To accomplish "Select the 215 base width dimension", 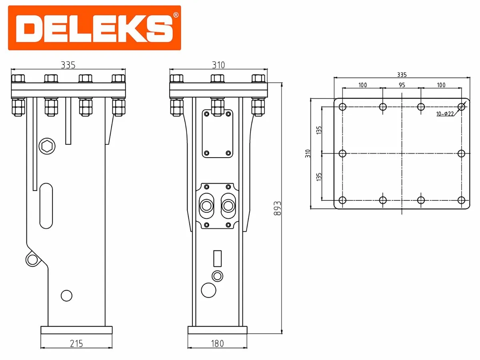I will coord(76,344).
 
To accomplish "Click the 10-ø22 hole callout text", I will coord(444,114).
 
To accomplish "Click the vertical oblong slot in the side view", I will coord(46,206).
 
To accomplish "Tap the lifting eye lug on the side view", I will coord(32,259).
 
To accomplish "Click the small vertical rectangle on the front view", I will coord(218,258).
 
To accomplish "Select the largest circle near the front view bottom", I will coord(208,290).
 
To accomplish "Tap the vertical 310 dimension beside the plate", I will coord(307,153).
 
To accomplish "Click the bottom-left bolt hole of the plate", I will coord(342,200).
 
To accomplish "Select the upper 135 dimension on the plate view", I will coord(319,130).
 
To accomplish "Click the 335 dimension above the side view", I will coord(68,64).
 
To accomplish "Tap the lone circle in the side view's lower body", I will coord(66,296).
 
